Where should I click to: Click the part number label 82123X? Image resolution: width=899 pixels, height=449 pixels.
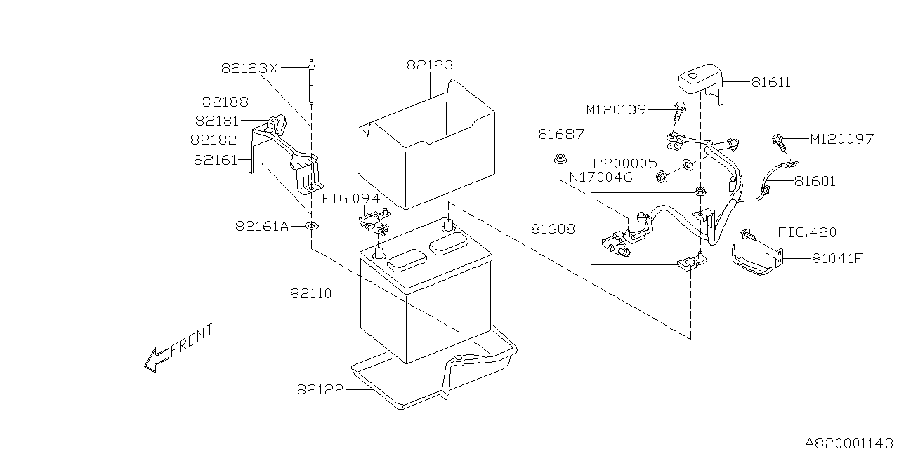(x=249, y=68)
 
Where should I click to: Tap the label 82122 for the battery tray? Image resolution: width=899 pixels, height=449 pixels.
(x=320, y=389)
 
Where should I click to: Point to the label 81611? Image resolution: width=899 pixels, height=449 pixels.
(x=770, y=83)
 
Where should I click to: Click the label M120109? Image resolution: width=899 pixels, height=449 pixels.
(x=616, y=109)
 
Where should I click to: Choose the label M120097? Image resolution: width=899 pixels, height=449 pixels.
(x=841, y=139)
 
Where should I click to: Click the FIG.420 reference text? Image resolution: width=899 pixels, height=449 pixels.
(x=807, y=232)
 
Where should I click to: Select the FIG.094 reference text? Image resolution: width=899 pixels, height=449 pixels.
(x=355, y=199)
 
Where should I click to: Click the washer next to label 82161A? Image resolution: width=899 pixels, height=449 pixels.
(x=311, y=226)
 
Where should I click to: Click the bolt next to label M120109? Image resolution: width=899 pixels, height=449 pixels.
(x=679, y=109)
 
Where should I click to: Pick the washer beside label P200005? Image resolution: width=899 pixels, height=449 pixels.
(x=688, y=165)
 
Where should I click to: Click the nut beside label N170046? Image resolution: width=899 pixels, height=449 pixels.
(x=662, y=178)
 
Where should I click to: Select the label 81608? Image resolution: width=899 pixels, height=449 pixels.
(x=554, y=228)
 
